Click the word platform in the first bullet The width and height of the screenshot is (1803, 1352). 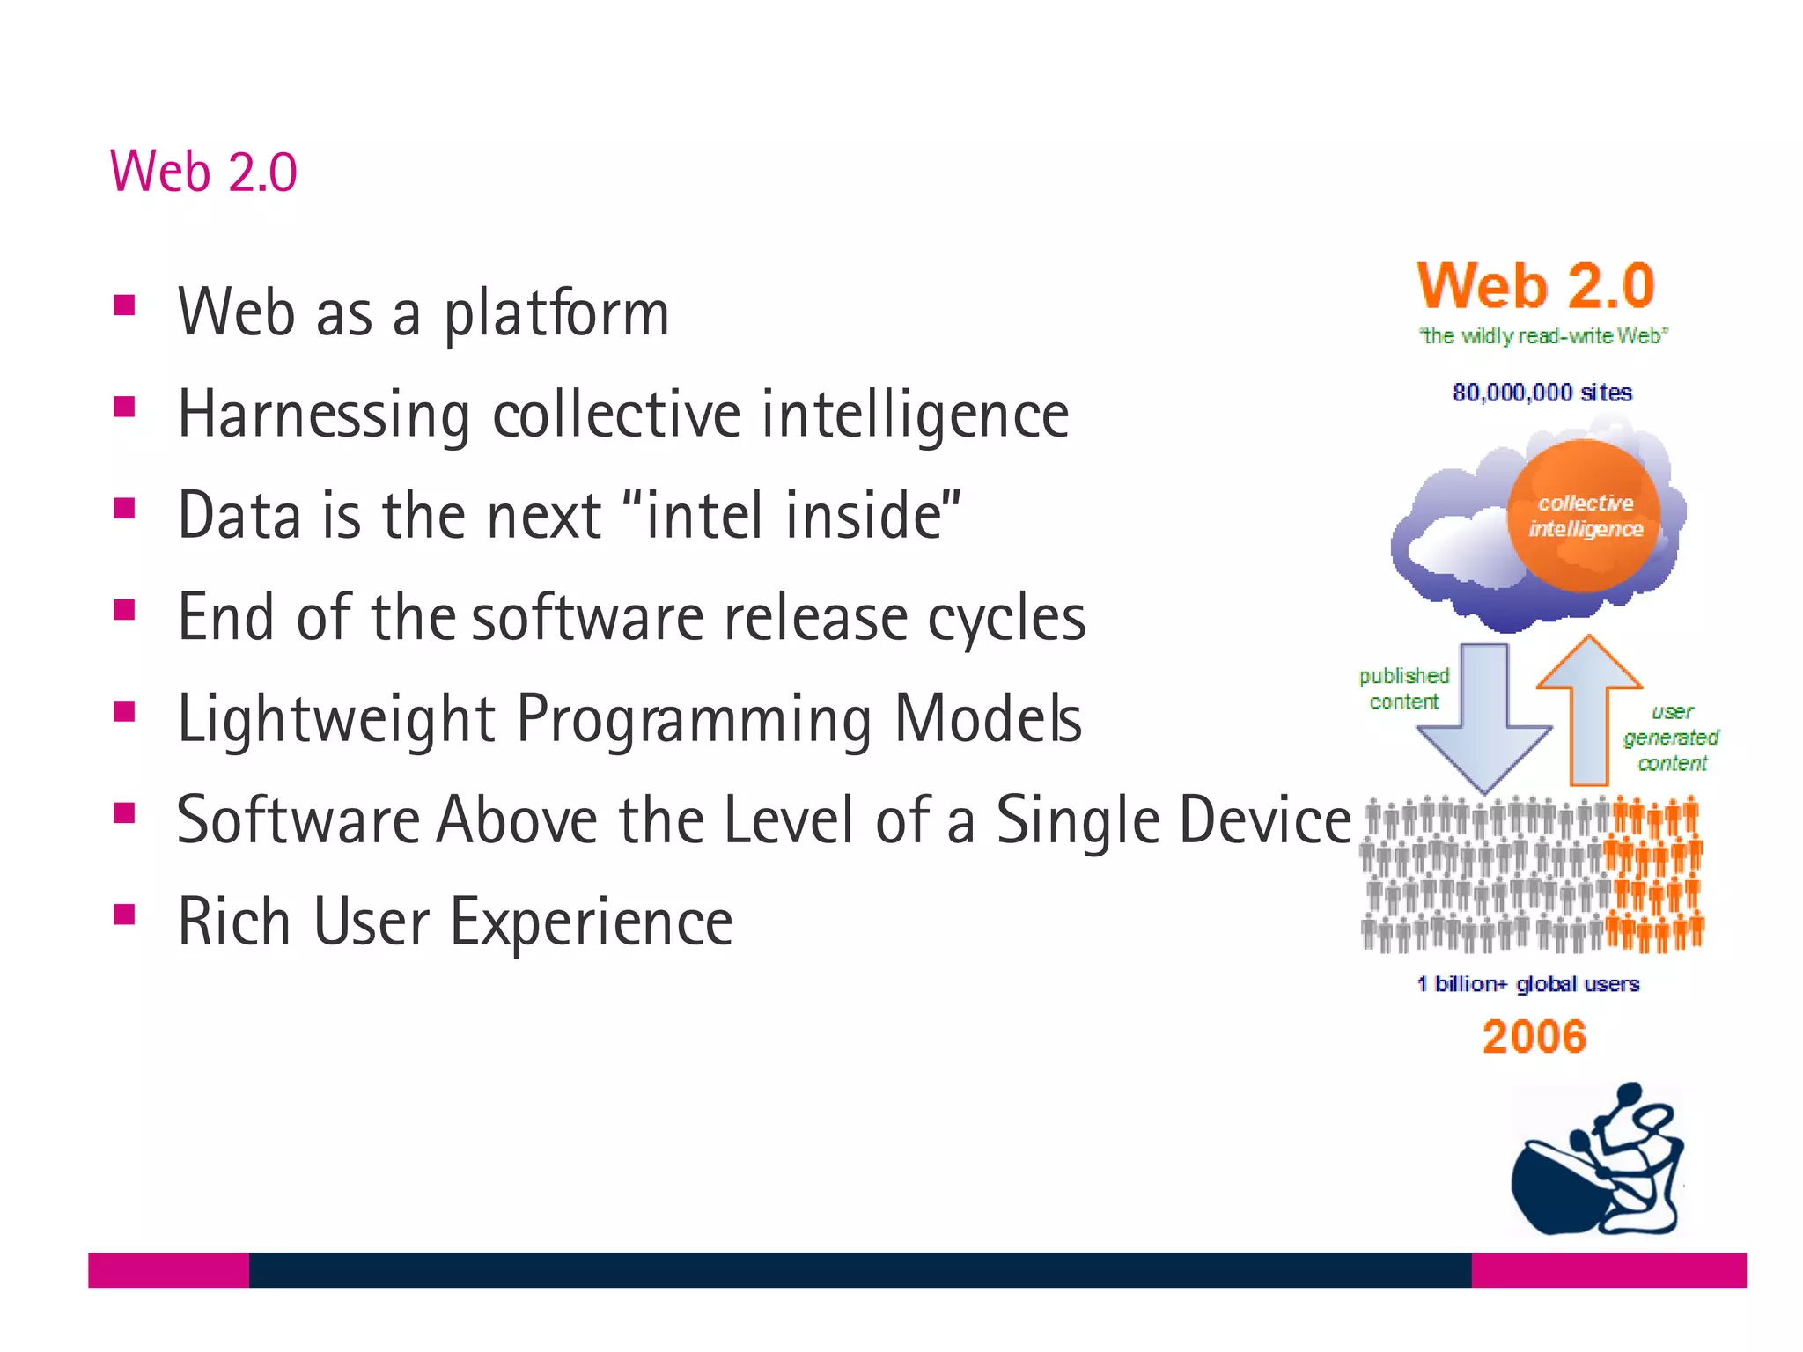click(x=556, y=314)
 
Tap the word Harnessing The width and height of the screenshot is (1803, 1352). click(x=324, y=415)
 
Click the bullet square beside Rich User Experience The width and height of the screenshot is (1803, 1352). click(x=124, y=915)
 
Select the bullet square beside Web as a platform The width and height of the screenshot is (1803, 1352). click(x=124, y=305)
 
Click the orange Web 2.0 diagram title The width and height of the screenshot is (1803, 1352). click(x=1535, y=287)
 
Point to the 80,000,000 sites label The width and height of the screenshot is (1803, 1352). click(x=1542, y=393)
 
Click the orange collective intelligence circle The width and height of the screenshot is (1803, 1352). click(x=1585, y=516)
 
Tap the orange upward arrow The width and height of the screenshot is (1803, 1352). click(x=1589, y=704)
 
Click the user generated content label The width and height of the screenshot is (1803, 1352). click(x=1671, y=738)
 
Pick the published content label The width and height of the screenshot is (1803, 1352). click(x=1404, y=688)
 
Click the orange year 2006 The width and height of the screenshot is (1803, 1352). click(x=1534, y=1037)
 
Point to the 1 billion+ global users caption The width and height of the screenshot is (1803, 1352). click(x=1528, y=984)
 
